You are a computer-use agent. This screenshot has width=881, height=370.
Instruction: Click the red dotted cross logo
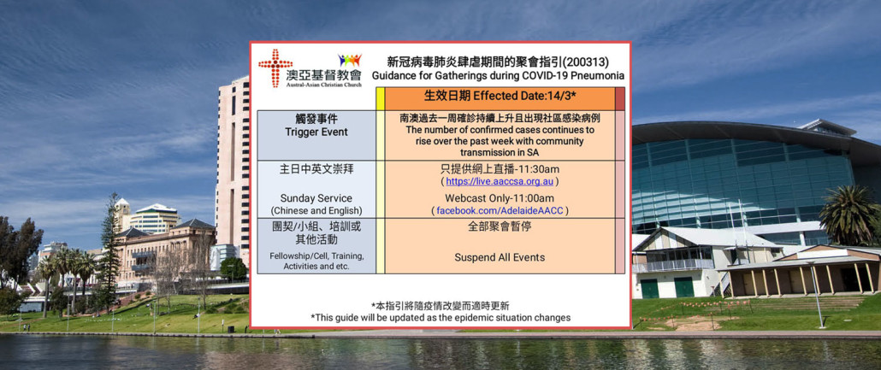pyautogui.click(x=275, y=68)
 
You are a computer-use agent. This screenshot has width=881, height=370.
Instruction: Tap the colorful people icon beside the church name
pyautogui.click(x=350, y=60)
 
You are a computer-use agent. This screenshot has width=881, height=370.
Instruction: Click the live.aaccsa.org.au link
pyautogui.click(x=500, y=181)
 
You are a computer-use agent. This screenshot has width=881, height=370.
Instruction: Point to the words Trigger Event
pyautogui.click(x=316, y=132)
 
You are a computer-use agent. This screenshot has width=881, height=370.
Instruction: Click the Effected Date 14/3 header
pyautogui.click(x=500, y=96)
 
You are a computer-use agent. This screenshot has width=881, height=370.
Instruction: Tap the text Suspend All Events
pyautogui.click(x=500, y=258)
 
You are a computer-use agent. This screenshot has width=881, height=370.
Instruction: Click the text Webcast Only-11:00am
pyautogui.click(x=500, y=198)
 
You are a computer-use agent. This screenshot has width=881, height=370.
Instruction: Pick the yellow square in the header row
pyautogui.click(x=381, y=98)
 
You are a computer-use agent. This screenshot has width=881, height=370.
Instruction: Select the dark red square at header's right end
pyautogui.click(x=620, y=98)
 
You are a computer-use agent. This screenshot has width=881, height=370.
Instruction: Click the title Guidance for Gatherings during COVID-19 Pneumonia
pyautogui.click(x=498, y=75)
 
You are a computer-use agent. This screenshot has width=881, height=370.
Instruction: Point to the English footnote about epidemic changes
pyautogui.click(x=440, y=318)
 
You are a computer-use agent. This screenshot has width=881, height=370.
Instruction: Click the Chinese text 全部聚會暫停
pyautogui.click(x=500, y=228)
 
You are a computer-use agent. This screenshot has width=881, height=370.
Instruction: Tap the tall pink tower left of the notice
pyautogui.click(x=233, y=168)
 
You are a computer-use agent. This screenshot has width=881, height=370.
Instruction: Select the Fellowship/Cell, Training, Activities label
pyautogui.click(x=316, y=261)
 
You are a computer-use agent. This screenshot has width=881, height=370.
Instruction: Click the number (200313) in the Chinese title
pyautogui.click(x=588, y=62)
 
